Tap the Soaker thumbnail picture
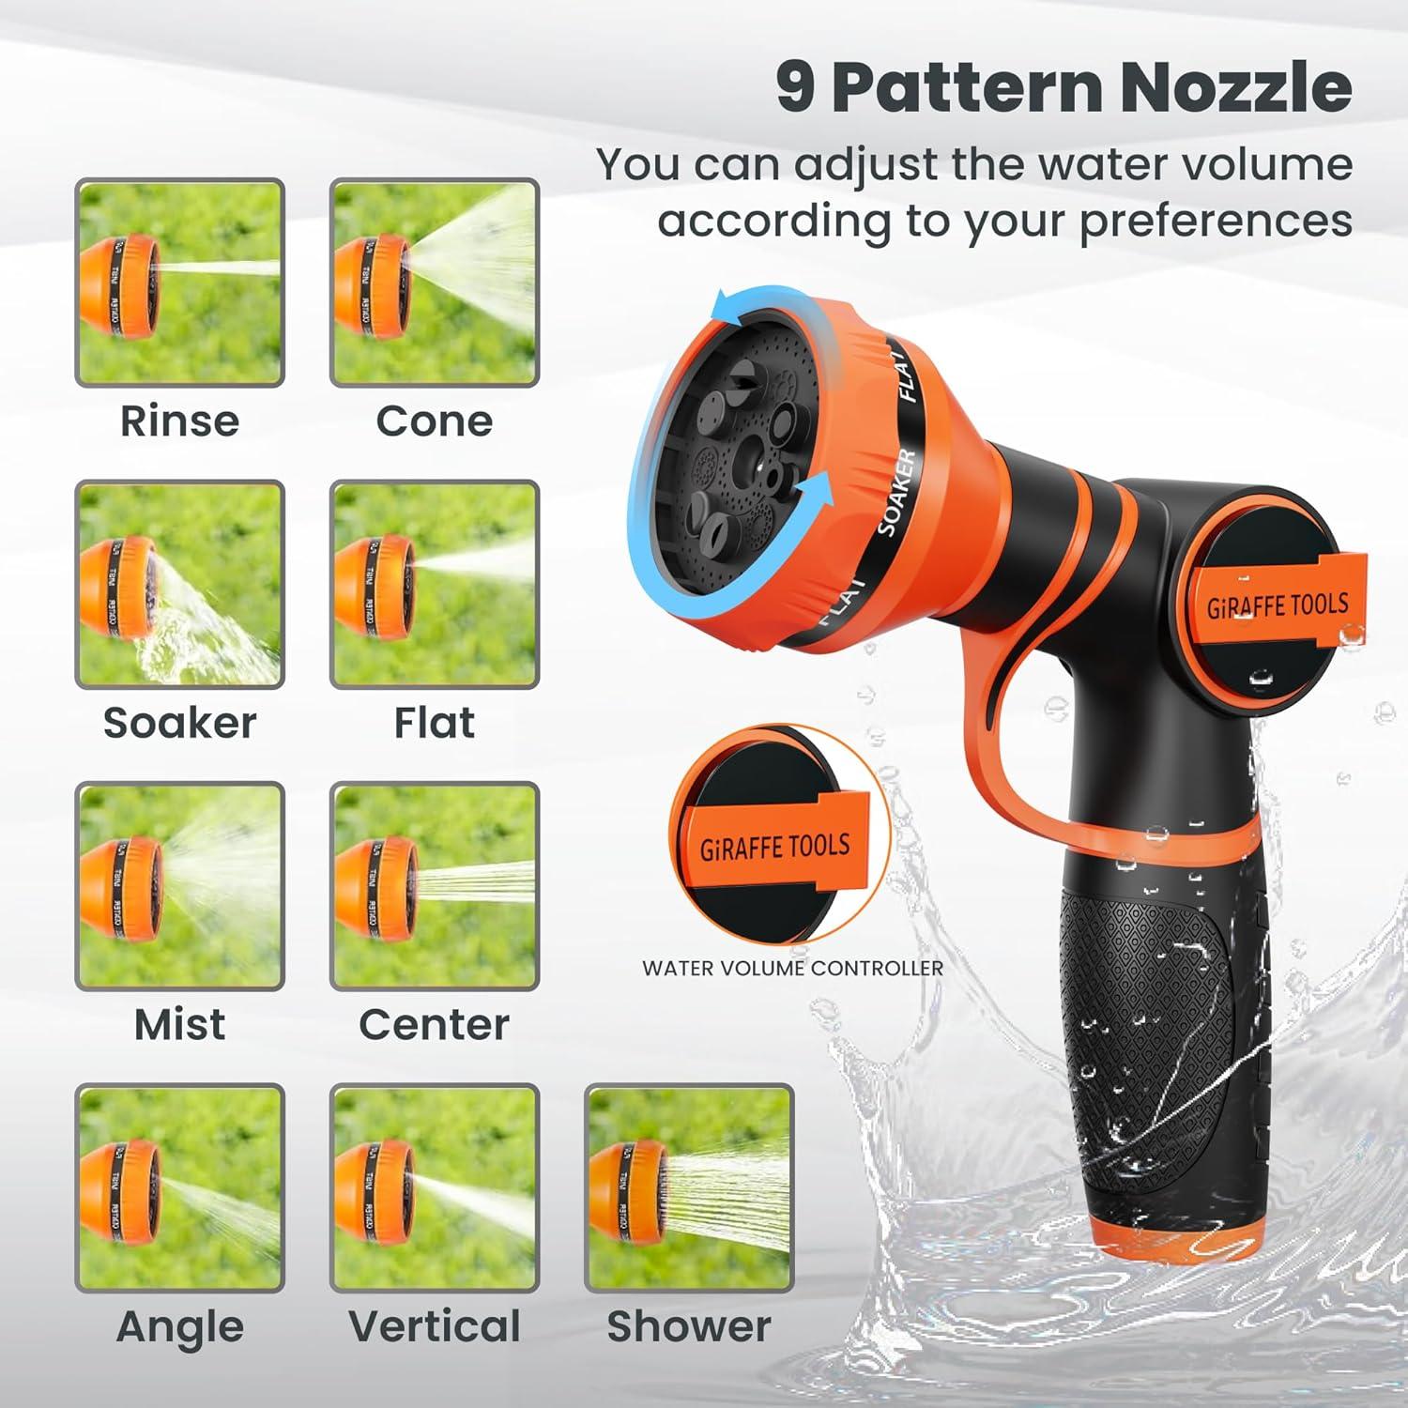tap(179, 584)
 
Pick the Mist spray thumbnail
tap(179, 885)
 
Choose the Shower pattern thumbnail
tap(689, 1187)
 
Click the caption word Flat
tap(434, 723)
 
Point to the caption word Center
tap(434, 1024)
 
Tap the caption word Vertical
tap(434, 1326)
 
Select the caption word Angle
tap(179, 1326)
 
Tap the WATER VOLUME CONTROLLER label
tap(792, 968)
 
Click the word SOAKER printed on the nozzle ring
tap(895, 492)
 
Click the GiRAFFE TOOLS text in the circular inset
tap(774, 846)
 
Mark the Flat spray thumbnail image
tap(435, 584)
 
